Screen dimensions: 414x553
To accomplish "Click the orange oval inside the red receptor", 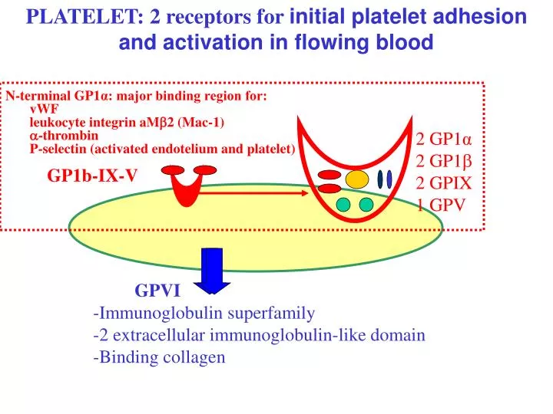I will [x=356, y=179].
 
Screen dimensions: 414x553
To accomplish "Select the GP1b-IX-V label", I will [x=92, y=176].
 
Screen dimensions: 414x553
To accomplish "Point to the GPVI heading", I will [x=157, y=291].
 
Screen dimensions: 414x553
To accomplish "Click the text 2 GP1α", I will [x=443, y=140].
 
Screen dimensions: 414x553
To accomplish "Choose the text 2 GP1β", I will [x=442, y=161].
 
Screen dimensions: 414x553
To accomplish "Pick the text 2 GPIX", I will [x=443, y=182].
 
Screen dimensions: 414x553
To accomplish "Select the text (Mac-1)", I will [x=204, y=122].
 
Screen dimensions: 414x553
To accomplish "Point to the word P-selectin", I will [x=58, y=149].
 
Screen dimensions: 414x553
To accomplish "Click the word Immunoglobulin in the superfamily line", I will [x=150, y=313].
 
